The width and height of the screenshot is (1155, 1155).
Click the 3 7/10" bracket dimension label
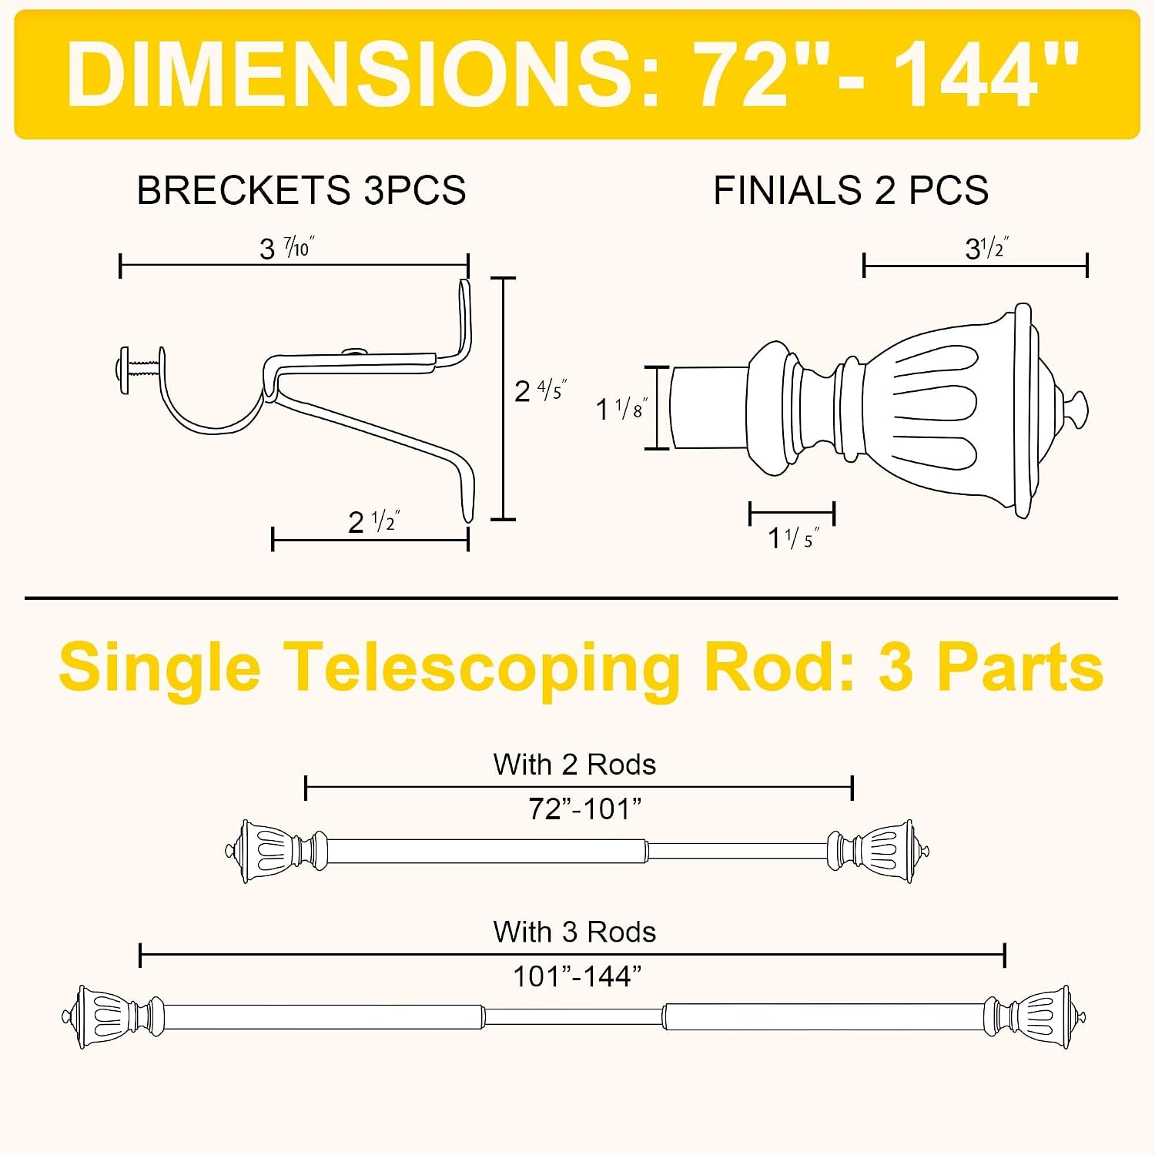pos(287,248)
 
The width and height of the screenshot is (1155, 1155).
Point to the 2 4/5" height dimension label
pos(541,390)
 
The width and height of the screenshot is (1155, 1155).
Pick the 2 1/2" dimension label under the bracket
pos(374,521)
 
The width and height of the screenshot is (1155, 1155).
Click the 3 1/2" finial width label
pos(987,248)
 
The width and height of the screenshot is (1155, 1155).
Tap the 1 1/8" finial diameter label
pos(622,408)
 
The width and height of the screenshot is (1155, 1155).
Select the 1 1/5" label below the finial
pos(793,537)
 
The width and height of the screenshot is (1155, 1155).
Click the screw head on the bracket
pos(124,371)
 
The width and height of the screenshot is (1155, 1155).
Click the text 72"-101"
pos(585,809)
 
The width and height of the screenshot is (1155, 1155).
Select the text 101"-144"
pos(577,976)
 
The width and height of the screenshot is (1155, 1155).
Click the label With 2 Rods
pos(575,765)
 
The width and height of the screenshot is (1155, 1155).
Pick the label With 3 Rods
pos(575,932)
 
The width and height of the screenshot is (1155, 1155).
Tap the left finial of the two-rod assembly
pos(276,851)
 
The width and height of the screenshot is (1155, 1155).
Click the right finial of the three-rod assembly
pos(1035,1016)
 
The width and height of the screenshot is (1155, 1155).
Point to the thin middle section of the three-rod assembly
pos(574,1016)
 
